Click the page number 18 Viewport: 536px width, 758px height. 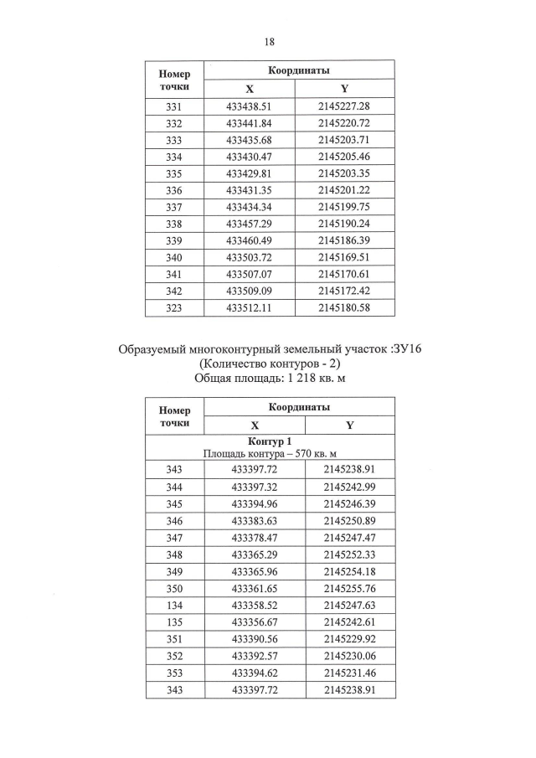(x=269, y=41)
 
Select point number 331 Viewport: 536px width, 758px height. (x=174, y=106)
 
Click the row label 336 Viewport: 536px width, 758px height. (x=174, y=190)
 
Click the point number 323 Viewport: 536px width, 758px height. (x=174, y=307)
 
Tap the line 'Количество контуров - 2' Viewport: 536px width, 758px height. (x=268, y=364)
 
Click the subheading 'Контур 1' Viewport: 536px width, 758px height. (x=269, y=441)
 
